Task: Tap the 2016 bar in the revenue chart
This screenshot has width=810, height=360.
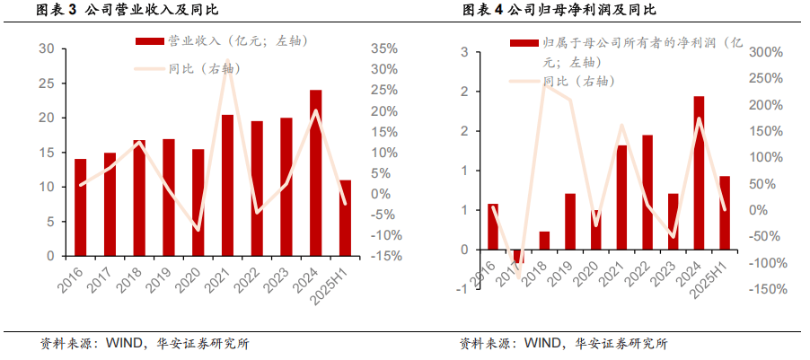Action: tap(81, 206)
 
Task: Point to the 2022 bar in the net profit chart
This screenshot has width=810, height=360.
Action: tap(647, 192)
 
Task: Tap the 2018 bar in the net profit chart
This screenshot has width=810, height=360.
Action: tap(544, 240)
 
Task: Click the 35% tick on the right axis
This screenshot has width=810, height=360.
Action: tap(383, 48)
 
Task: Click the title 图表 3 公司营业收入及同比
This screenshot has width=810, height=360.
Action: tap(127, 10)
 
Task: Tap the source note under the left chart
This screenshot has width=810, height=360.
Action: tap(145, 343)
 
